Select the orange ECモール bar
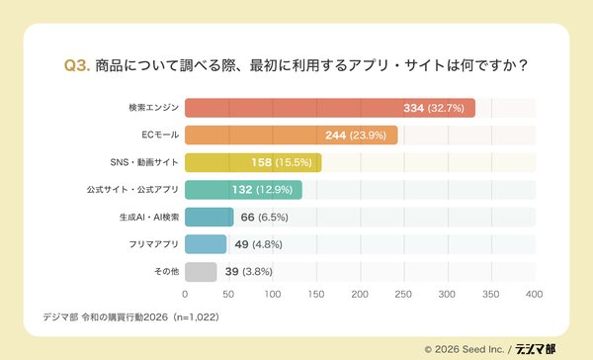pyautogui.click(x=292, y=135)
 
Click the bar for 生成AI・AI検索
pyautogui.click(x=210, y=217)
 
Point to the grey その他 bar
pyautogui.click(x=201, y=271)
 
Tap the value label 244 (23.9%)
pyautogui.click(x=359, y=135)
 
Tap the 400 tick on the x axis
pyautogui.click(x=535, y=294)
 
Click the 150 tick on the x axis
pyautogui.click(x=316, y=294)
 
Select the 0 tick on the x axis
pyautogui.click(x=186, y=294)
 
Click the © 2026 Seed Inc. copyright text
pyautogui.click(x=464, y=348)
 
